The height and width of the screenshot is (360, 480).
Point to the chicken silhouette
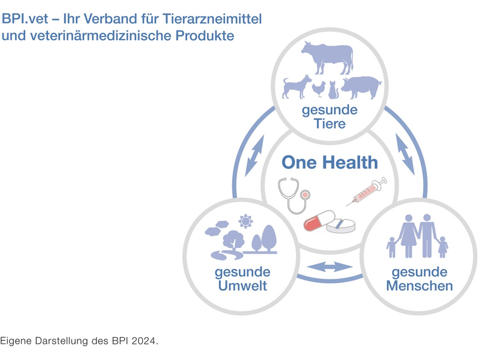point(318,89)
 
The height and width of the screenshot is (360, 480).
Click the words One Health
point(330,162)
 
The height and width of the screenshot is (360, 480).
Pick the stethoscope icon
point(294,195)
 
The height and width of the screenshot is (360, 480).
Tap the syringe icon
point(367,192)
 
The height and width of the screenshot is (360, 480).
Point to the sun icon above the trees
point(245,221)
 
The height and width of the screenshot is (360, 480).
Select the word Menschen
point(419,286)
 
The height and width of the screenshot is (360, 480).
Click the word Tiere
point(329,124)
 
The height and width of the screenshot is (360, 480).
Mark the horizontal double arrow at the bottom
point(329,266)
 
